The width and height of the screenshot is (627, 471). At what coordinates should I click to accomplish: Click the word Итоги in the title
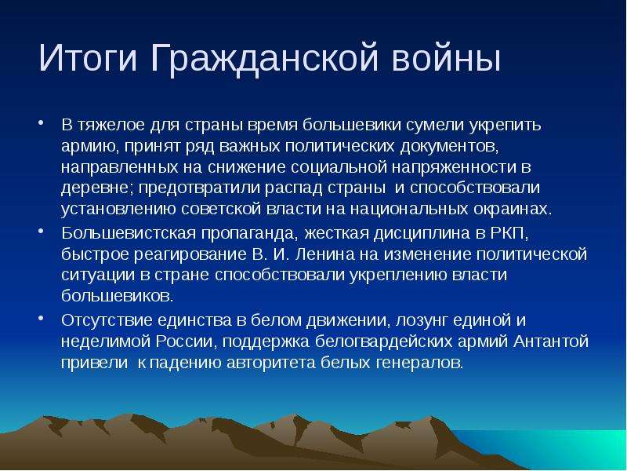point(88,57)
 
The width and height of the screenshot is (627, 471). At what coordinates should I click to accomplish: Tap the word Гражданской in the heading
point(264,59)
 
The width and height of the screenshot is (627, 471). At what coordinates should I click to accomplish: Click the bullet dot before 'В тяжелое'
point(41,122)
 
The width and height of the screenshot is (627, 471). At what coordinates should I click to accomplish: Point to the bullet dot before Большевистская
point(41,231)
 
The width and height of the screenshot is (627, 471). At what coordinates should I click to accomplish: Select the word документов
point(449,147)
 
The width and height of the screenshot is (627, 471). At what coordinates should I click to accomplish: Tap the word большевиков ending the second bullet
point(118,296)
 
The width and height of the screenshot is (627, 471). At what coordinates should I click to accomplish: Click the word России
point(187,341)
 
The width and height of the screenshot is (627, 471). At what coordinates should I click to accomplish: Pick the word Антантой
point(551,341)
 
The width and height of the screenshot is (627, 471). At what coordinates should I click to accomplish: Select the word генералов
point(419,363)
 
